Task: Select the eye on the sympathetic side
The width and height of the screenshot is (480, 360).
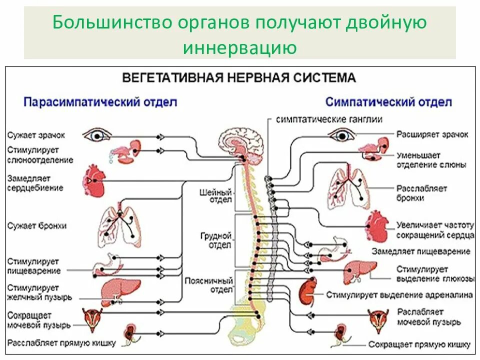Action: pos(342,134)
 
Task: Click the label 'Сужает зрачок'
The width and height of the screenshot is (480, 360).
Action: pos(36,135)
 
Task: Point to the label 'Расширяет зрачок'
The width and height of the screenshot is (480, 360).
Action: pos(432,134)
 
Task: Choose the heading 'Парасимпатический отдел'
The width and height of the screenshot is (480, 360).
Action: pos(100,102)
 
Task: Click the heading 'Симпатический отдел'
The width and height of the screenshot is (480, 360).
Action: pos(389,102)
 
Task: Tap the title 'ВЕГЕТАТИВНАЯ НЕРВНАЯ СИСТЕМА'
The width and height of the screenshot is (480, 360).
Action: pos(239,78)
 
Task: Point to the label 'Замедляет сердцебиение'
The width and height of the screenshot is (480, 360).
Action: pos(35,183)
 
